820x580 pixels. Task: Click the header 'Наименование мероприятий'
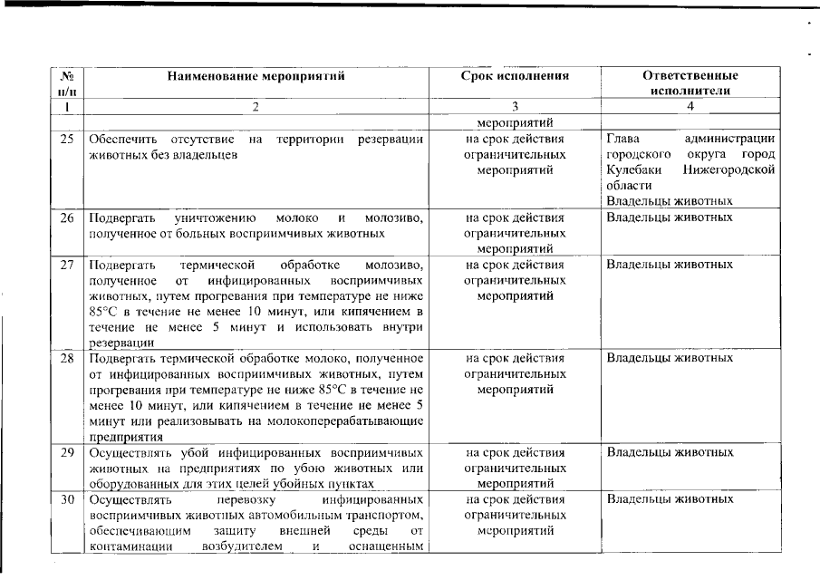(x=256, y=76)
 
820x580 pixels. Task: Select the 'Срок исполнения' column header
(x=515, y=76)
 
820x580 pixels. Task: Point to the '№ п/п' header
(x=66, y=83)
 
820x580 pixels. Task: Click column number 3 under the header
(x=515, y=107)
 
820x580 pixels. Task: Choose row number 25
(x=66, y=139)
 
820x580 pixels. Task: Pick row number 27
(x=66, y=265)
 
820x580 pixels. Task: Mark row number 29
(x=66, y=451)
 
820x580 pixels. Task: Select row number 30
(x=66, y=499)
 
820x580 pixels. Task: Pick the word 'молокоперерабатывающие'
(x=349, y=420)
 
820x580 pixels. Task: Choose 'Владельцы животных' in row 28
(x=670, y=358)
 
